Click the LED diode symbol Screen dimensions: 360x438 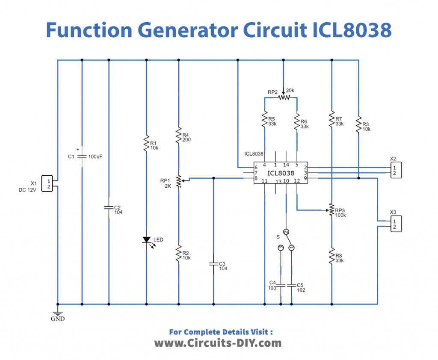click(146, 240)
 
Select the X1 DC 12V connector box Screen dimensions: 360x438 click(47, 183)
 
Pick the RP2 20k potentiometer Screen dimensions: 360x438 click(283, 97)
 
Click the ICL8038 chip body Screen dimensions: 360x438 click(281, 173)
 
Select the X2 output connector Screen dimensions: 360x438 click(397, 170)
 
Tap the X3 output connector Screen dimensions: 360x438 click(397, 224)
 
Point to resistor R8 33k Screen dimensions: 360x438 click(331, 256)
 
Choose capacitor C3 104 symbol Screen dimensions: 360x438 click(213, 265)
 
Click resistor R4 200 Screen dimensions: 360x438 click(179, 136)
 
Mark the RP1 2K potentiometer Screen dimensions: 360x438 click(179, 181)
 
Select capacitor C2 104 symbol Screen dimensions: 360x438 click(109, 208)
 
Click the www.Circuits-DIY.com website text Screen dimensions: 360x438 click(218, 342)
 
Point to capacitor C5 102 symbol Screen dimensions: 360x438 click(292, 285)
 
